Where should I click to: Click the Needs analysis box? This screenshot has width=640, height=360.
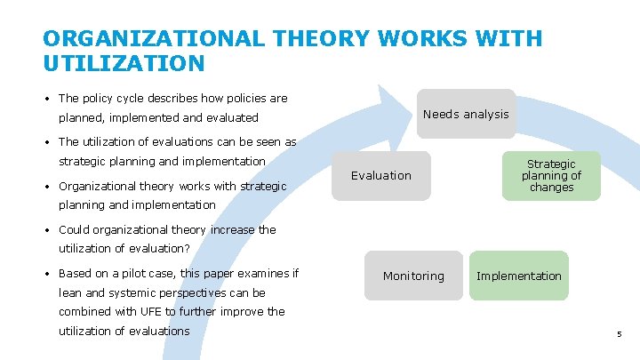pos(466,114)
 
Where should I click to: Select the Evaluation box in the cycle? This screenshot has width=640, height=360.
pos(381,176)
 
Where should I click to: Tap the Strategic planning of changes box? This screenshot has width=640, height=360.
pos(551,176)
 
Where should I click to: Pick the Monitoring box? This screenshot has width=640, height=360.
pos(413,276)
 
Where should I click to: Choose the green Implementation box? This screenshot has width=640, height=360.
pos(519,276)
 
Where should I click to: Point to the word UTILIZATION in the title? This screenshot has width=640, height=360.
pos(124,64)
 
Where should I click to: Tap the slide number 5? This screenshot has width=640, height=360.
pos(620,334)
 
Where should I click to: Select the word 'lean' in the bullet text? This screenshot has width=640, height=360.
pos(71,292)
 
